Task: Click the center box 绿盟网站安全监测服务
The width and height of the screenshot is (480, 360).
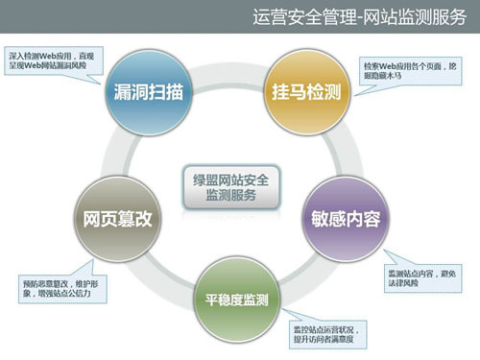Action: pyautogui.click(x=231, y=185)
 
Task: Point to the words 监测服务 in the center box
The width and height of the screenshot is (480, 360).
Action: pyautogui.click(x=231, y=194)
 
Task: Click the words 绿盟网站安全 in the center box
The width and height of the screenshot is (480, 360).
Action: pyautogui.click(x=231, y=178)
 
